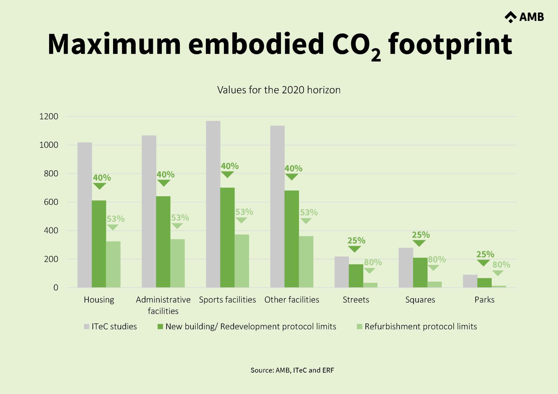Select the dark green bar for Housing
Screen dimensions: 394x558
pyautogui.click(x=99, y=244)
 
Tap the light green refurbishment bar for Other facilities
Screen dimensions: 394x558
pyautogui.click(x=306, y=262)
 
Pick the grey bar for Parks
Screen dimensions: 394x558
pyautogui.click(x=470, y=281)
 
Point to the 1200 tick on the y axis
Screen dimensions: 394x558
pyautogui.click(x=49, y=116)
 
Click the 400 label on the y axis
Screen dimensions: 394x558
pyautogui.click(x=51, y=231)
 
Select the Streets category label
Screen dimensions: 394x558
pyautogui.click(x=356, y=300)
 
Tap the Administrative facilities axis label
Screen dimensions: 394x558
pyautogui.click(x=163, y=305)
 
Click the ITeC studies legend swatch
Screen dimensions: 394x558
pyautogui.click(x=87, y=327)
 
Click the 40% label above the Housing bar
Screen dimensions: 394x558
pyautogui.click(x=102, y=178)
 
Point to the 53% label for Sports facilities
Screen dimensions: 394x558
pyautogui.click(x=244, y=212)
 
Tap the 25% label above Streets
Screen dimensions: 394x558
pyautogui.click(x=356, y=241)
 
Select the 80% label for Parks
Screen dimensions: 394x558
pyautogui.click(x=501, y=265)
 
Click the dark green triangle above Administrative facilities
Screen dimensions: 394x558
pyautogui.click(x=164, y=183)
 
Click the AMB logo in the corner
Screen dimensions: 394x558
pyautogui.click(x=524, y=17)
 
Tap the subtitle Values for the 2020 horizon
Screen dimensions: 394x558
pyautogui.click(x=279, y=90)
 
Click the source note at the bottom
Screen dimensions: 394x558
pyautogui.click(x=292, y=370)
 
